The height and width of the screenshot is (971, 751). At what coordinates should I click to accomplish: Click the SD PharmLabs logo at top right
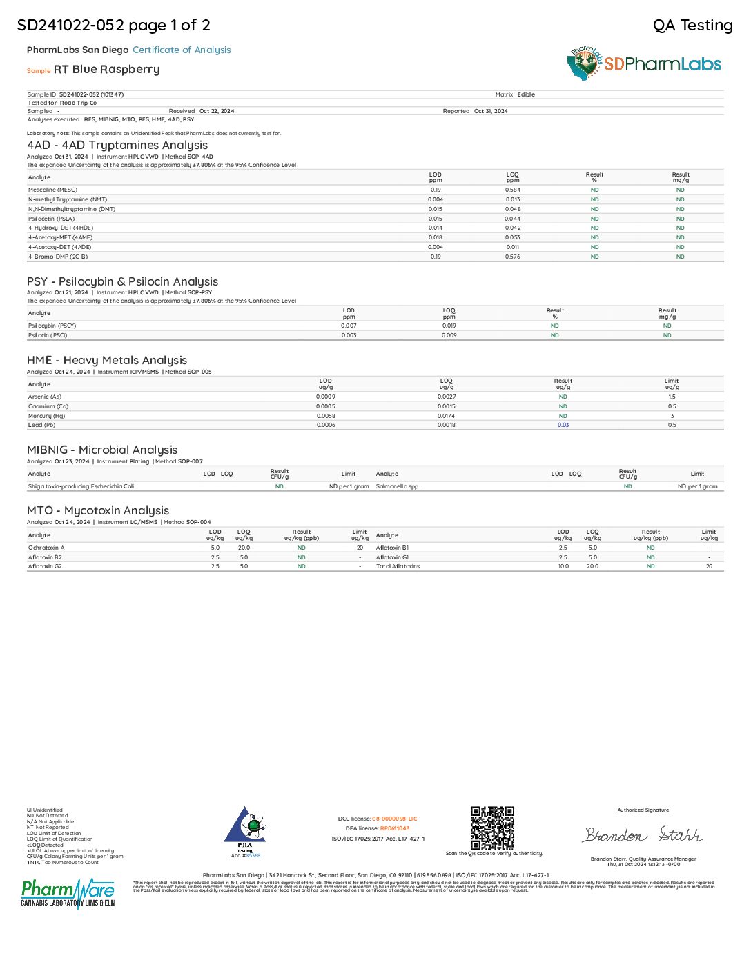643,64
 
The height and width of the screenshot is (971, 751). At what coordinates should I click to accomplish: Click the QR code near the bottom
492,828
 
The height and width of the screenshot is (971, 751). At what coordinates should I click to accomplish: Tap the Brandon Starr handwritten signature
642,835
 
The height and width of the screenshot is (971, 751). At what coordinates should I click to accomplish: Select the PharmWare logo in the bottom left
68,893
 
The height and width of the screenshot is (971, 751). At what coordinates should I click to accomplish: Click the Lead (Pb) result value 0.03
563,425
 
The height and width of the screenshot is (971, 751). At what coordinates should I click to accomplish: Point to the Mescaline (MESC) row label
52,190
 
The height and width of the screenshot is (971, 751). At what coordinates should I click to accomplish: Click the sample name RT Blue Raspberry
106,69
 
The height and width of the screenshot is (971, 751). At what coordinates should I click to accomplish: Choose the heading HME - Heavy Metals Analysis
107,360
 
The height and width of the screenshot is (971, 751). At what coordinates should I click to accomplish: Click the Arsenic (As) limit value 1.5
672,397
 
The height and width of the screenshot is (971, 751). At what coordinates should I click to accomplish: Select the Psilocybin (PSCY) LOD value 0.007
349,326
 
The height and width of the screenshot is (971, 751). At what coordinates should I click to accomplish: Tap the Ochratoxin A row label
46,548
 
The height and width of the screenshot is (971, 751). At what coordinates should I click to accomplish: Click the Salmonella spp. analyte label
398,486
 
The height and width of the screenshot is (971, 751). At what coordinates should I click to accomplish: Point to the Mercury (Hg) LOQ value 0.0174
446,416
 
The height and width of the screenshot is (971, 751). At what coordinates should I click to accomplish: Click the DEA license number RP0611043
394,828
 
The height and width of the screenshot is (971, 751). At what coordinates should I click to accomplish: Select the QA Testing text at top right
692,26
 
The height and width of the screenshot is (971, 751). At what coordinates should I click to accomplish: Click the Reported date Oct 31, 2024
490,111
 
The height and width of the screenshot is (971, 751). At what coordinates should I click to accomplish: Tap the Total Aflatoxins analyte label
398,566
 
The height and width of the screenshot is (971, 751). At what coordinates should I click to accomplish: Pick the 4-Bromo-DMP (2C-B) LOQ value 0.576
512,257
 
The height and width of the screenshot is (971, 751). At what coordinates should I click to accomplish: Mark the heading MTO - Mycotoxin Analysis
98,510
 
